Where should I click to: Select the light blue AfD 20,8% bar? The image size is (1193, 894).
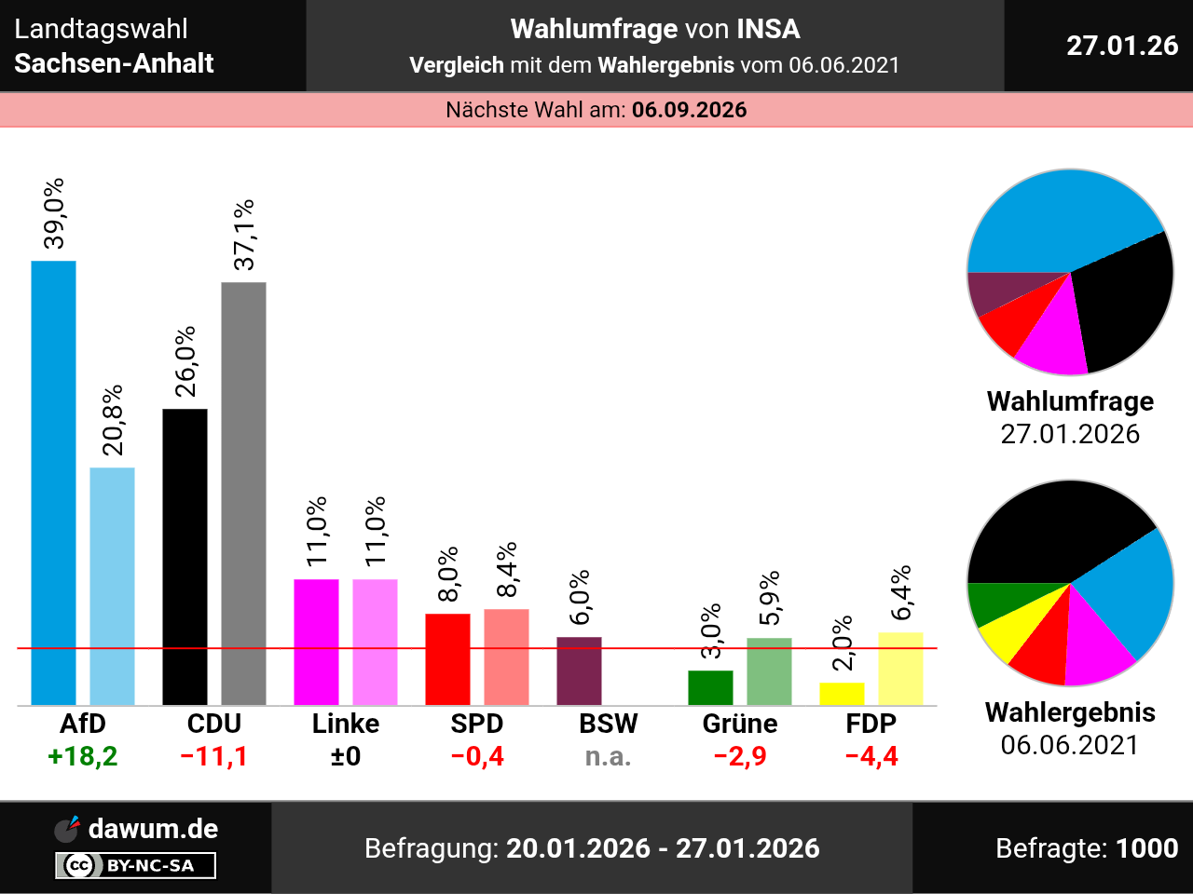(112, 586)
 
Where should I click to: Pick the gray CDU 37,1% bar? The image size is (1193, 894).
(243, 493)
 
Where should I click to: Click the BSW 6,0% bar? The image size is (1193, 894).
(579, 670)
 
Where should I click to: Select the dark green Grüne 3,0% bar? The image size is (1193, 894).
(710, 687)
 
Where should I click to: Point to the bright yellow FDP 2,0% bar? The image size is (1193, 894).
(842, 694)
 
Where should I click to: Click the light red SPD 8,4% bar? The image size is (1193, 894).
(506, 657)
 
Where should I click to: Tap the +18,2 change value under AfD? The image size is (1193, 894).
(83, 756)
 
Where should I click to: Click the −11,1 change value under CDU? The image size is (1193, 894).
(214, 756)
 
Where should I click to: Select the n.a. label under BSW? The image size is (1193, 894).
(608, 756)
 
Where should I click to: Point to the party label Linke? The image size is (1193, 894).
(346, 724)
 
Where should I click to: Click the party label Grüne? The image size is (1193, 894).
(740, 724)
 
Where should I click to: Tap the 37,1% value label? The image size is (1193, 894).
(244, 235)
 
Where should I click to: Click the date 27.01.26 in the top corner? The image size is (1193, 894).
(1122, 46)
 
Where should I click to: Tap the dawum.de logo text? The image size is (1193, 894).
(153, 829)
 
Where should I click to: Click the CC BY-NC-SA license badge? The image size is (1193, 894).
(136, 866)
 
